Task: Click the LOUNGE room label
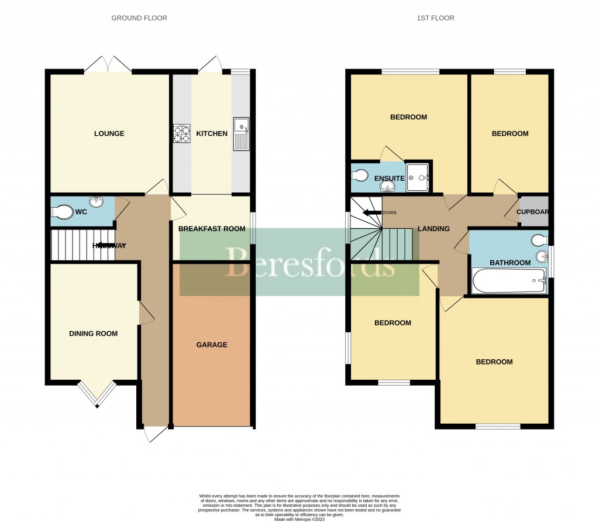click(x=109, y=133)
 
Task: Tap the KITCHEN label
click(x=212, y=133)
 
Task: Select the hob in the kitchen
click(x=182, y=134)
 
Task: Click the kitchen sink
click(x=241, y=134)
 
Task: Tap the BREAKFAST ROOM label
click(x=212, y=229)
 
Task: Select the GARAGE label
click(x=212, y=345)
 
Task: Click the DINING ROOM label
click(x=94, y=334)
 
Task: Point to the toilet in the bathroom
click(x=538, y=239)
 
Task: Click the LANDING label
click(x=433, y=229)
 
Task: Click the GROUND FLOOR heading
click(x=139, y=18)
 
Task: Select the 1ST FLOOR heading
click(x=435, y=18)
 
